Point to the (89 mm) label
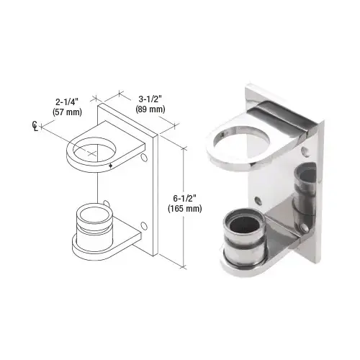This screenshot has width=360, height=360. pyautogui.click(x=149, y=109)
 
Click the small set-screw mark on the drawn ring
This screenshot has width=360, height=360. pyautogui.click(x=109, y=167)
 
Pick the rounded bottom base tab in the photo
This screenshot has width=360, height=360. pyautogui.click(x=248, y=266)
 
